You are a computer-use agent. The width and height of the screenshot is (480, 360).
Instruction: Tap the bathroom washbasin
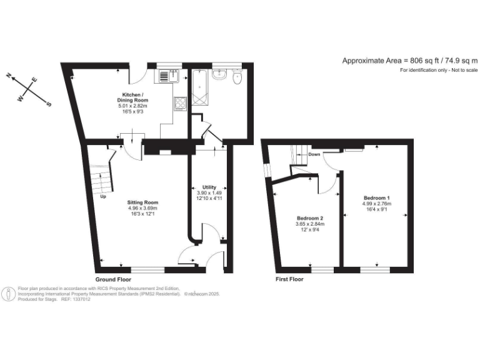(x=219, y=76)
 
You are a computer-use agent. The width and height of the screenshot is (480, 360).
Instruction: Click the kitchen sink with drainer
(x=169, y=77)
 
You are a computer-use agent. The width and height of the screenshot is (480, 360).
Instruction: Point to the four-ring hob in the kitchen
(x=179, y=103)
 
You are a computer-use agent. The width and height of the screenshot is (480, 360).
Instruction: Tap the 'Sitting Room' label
(x=142, y=202)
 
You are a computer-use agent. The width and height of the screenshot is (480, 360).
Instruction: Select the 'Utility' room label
(x=209, y=187)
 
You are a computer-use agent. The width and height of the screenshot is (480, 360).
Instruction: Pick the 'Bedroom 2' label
(x=310, y=217)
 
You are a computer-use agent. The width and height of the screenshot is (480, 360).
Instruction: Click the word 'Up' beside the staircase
(x=103, y=197)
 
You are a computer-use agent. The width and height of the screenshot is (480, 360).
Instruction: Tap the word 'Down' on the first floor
(x=314, y=154)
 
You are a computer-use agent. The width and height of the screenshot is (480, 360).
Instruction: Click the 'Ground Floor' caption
(x=113, y=279)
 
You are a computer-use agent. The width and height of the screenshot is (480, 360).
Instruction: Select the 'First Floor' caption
(x=289, y=279)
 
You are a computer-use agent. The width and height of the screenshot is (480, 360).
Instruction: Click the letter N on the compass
(x=9, y=75)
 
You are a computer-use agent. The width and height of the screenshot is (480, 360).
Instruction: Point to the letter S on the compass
(x=49, y=105)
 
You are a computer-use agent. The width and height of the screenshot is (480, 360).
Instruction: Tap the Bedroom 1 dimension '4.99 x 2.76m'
(x=377, y=204)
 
